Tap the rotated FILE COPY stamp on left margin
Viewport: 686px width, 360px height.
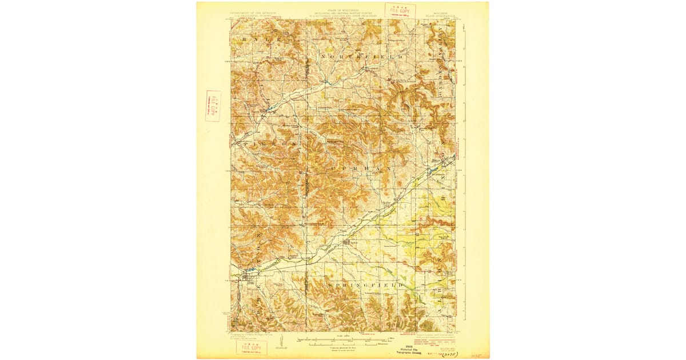(x=213, y=106)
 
